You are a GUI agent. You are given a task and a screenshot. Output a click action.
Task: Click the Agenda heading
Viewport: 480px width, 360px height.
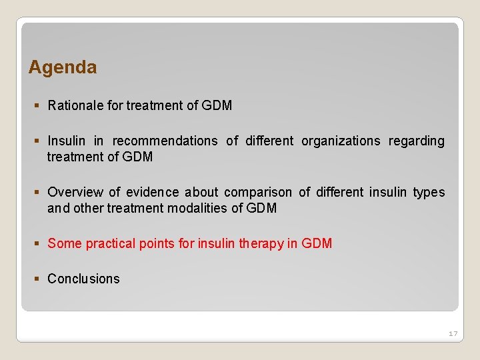click(x=63, y=67)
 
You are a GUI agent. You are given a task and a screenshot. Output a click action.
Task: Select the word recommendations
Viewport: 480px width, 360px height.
click(x=165, y=141)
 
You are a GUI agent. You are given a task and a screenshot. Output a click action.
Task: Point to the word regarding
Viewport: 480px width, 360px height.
click(x=417, y=141)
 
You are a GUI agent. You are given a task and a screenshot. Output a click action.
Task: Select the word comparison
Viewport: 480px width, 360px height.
click(x=258, y=192)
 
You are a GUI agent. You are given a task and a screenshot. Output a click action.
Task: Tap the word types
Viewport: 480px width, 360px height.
click(x=429, y=192)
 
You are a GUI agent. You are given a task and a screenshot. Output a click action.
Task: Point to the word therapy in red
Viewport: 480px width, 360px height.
click(x=261, y=243)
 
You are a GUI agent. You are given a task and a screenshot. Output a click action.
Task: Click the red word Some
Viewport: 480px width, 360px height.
click(x=64, y=243)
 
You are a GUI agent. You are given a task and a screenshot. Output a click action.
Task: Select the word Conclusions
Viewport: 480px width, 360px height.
click(x=83, y=279)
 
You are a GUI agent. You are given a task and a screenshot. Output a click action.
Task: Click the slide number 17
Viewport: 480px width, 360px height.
click(x=453, y=333)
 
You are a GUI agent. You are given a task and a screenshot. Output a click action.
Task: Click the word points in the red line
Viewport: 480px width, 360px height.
click(x=157, y=243)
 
